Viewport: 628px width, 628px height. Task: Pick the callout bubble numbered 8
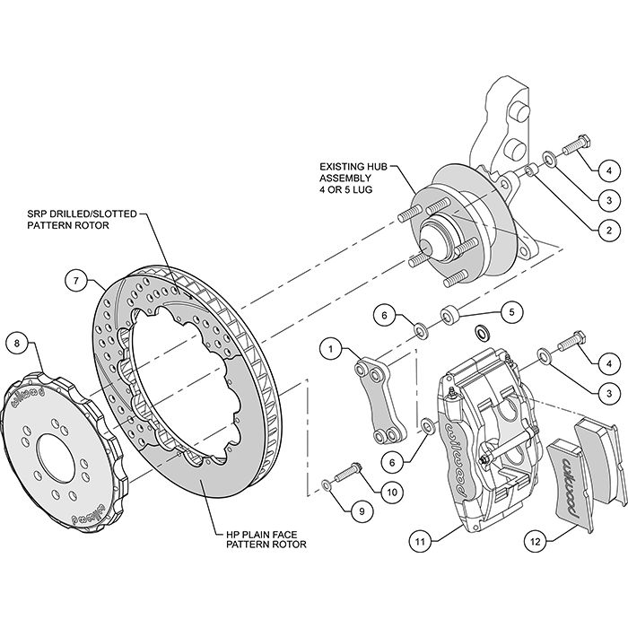pos(16,341)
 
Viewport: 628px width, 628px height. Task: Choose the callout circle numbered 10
pos(391,491)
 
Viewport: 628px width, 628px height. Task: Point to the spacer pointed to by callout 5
pos(449,315)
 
